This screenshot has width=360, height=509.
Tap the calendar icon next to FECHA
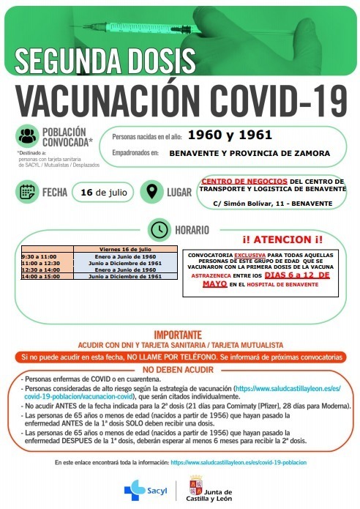[27, 193]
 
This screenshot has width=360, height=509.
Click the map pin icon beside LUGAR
[151, 193]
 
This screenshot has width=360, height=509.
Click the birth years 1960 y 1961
[229, 135]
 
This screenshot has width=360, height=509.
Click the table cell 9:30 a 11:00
[40, 257]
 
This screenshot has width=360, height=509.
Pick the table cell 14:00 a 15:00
[40, 277]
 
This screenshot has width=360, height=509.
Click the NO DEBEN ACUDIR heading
[179, 369]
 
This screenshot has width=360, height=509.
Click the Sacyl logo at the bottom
[146, 488]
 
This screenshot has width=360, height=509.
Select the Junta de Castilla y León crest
[196, 487]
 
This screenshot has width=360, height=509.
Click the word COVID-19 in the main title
[277, 97]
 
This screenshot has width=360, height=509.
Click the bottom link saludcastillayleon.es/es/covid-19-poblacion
[238, 463]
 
